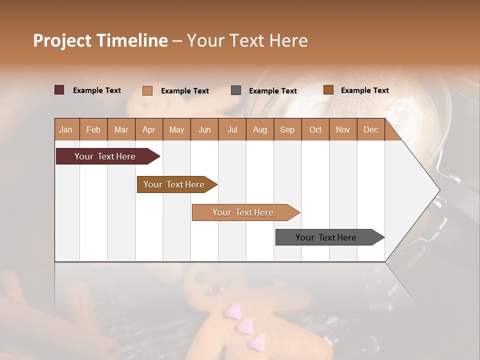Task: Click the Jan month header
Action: pyautogui.click(x=66, y=129)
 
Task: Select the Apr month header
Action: pyautogui.click(x=149, y=129)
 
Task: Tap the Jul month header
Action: pyautogui.click(x=232, y=129)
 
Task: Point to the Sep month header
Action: pyautogui.click(x=287, y=129)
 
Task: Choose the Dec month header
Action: pyautogui.click(x=370, y=129)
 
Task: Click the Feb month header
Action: pyautogui.click(x=93, y=129)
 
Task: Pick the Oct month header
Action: pyautogui.click(x=315, y=129)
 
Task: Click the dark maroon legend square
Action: pyautogui.click(x=59, y=90)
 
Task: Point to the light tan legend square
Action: pyautogui.click(x=147, y=90)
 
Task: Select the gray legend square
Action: pyautogui.click(x=236, y=90)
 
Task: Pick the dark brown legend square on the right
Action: pyautogui.click(x=328, y=90)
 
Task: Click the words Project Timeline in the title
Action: pyautogui.click(x=100, y=40)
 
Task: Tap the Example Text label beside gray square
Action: pyautogui.click(x=272, y=91)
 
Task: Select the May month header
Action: pyautogui.click(x=176, y=129)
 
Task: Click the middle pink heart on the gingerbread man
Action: pyautogui.click(x=244, y=326)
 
